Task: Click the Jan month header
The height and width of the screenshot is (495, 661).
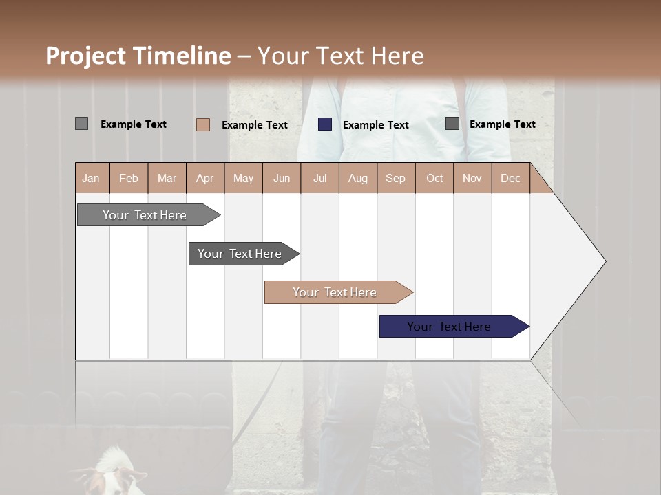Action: click(91, 178)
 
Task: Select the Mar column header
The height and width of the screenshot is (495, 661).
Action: click(167, 178)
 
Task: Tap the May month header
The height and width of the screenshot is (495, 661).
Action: click(243, 178)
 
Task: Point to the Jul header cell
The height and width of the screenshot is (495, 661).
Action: click(319, 178)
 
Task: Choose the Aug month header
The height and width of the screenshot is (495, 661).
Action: click(357, 178)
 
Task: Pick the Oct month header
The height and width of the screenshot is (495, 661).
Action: click(434, 178)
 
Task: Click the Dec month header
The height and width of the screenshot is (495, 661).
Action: click(510, 178)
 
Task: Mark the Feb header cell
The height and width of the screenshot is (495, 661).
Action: click(129, 178)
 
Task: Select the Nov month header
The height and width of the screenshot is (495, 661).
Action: click(472, 178)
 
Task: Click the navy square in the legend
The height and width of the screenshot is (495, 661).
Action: click(325, 124)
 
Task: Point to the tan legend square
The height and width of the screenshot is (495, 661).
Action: click(203, 124)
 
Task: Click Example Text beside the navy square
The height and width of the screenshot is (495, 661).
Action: click(375, 125)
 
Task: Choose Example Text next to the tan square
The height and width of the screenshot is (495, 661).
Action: click(254, 125)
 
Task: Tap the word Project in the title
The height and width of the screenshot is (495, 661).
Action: click(86, 56)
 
